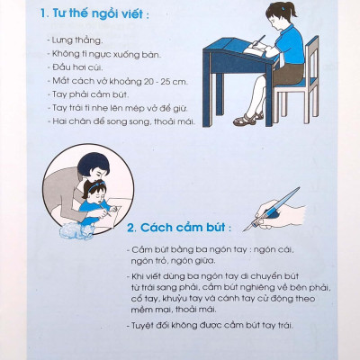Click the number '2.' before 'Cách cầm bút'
pyautogui.click(x=130, y=228)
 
